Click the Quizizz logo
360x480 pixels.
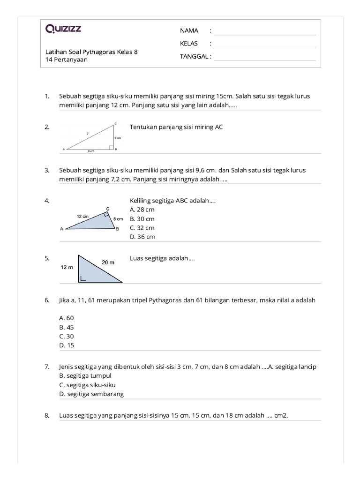click(x=63, y=29)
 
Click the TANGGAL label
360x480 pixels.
click(x=195, y=57)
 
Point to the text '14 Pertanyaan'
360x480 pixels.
click(x=67, y=60)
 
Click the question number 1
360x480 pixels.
click(x=47, y=96)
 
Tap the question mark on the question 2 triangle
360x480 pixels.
click(x=88, y=133)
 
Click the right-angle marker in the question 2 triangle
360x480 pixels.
click(x=112, y=148)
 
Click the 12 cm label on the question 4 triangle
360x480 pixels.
click(x=82, y=216)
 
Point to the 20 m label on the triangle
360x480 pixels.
click(x=108, y=262)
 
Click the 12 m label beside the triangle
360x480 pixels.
click(x=67, y=267)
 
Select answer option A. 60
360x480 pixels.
click(x=67, y=318)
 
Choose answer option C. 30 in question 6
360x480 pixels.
click(x=67, y=336)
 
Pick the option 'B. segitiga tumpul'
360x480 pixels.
click(x=85, y=376)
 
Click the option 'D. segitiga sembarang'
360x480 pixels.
click(x=91, y=394)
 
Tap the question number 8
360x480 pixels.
click(x=47, y=415)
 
